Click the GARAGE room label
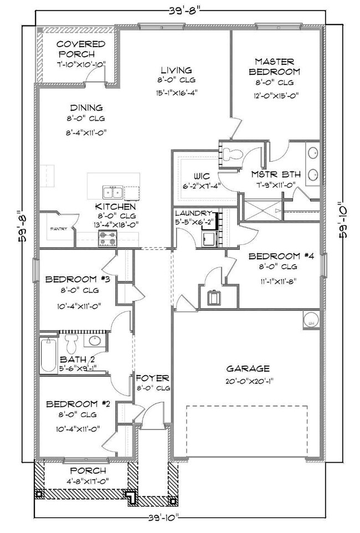(248, 368)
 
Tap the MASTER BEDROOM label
(274, 66)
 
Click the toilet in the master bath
(231, 153)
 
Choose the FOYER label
(152, 378)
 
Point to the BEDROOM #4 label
(281, 257)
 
